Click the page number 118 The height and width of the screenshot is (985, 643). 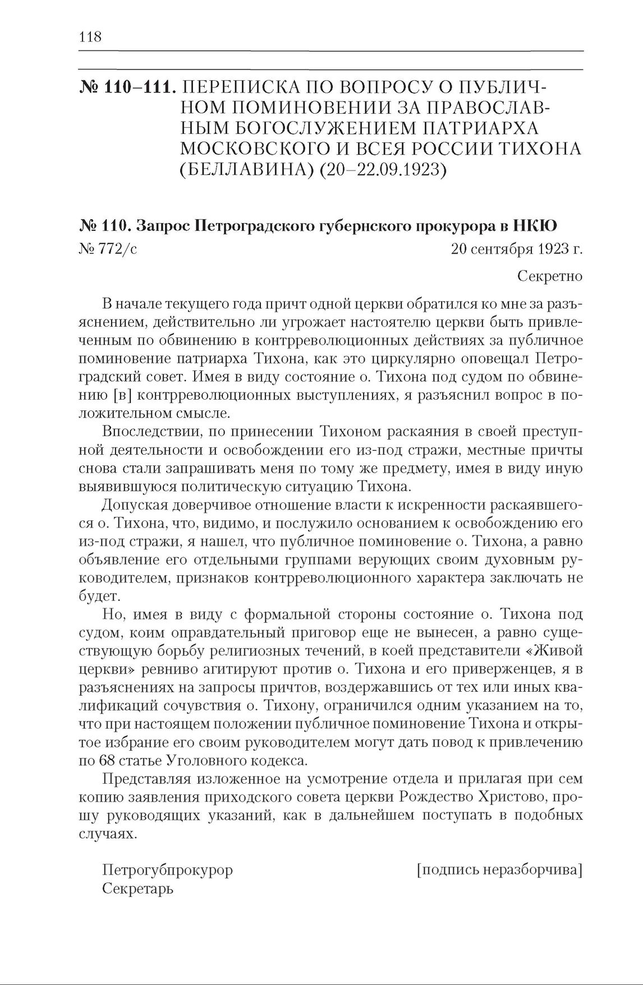tap(90, 37)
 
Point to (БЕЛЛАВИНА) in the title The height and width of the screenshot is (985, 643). tap(245, 169)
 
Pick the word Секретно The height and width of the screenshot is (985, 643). tap(549, 276)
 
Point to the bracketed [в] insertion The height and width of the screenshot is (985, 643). tap(122, 395)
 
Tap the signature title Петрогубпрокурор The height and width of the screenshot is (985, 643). tap(167, 870)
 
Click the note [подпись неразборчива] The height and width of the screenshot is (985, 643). tap(499, 870)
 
